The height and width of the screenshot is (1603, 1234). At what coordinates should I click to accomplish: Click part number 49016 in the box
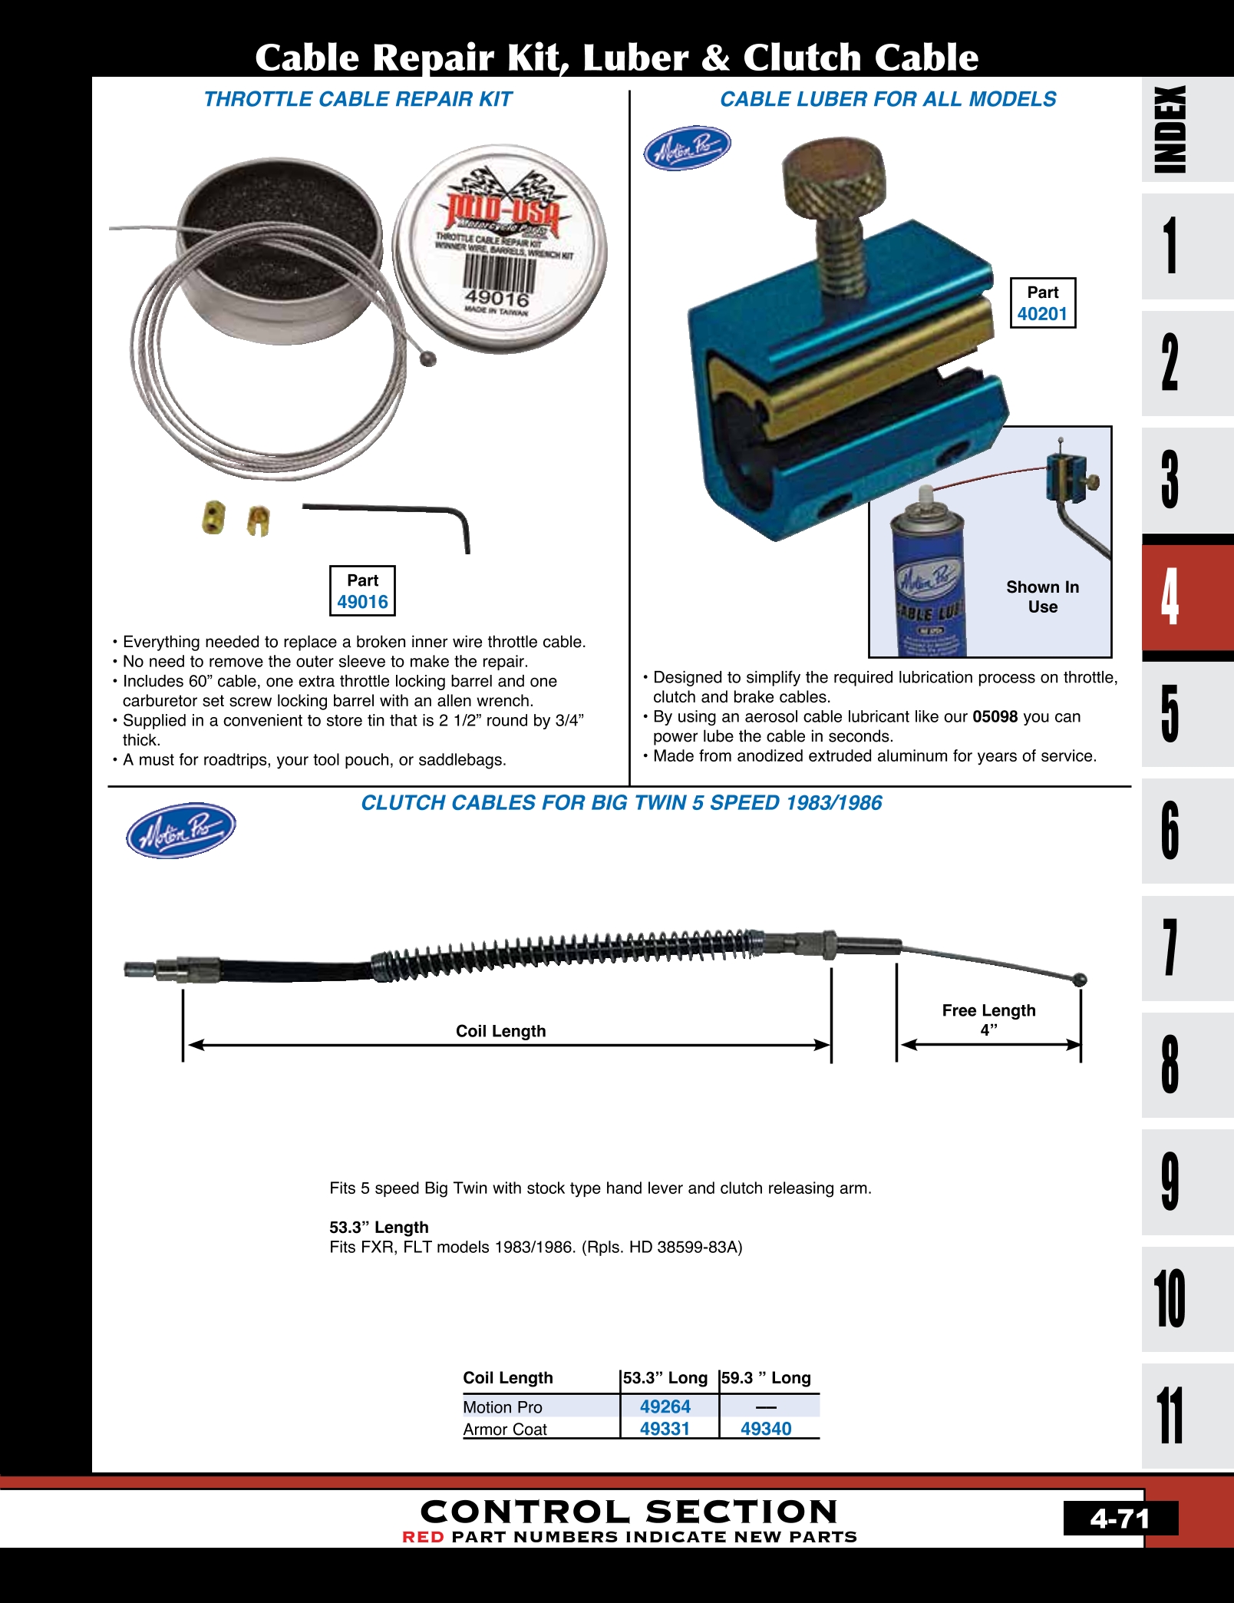click(362, 602)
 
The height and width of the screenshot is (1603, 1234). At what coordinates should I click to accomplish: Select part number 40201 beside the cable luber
click(1042, 313)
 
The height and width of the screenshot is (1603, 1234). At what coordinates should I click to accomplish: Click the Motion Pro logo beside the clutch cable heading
click(181, 830)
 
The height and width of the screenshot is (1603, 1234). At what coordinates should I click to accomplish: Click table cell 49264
click(665, 1406)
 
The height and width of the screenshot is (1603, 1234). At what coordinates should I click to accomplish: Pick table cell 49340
click(766, 1429)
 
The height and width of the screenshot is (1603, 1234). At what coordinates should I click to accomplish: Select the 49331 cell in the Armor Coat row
click(665, 1429)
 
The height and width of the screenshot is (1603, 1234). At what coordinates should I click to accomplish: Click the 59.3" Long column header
click(767, 1378)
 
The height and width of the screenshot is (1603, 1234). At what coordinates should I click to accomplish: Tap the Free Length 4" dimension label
click(988, 1020)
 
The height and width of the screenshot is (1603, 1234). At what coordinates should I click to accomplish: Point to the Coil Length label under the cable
click(500, 1031)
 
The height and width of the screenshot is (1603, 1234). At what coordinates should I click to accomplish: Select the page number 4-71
click(1120, 1519)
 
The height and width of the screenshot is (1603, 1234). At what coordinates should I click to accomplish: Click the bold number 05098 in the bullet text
click(995, 717)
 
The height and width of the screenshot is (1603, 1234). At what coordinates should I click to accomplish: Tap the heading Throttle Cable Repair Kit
click(358, 99)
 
